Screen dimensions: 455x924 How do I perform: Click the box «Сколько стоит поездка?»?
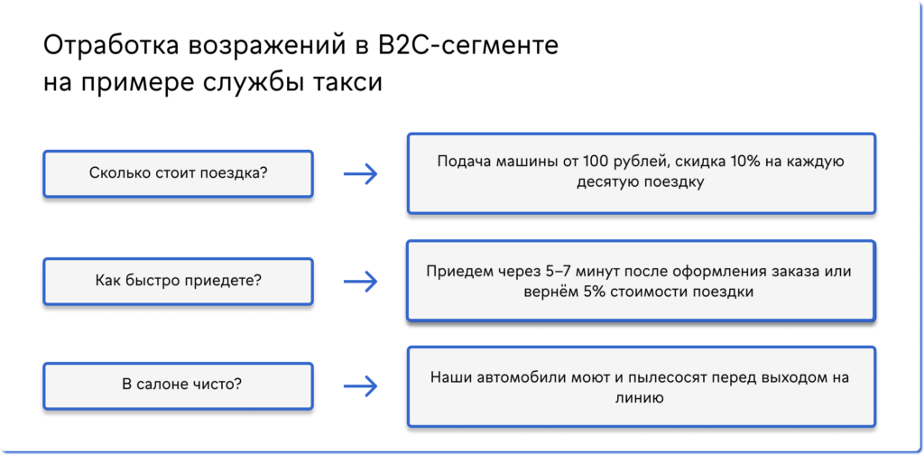pos(178,173)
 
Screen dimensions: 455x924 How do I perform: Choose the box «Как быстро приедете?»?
pos(178,280)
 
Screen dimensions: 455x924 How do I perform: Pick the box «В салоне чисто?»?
pos(178,385)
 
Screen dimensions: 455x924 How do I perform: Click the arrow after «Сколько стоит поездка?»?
pos(360,173)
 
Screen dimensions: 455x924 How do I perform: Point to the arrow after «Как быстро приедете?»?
pos(360,280)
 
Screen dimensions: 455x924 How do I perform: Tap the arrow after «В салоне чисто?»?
pos(360,385)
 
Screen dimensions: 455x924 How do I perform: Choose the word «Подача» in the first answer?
pos(461,163)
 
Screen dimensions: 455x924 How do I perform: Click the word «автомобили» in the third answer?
pos(520,377)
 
